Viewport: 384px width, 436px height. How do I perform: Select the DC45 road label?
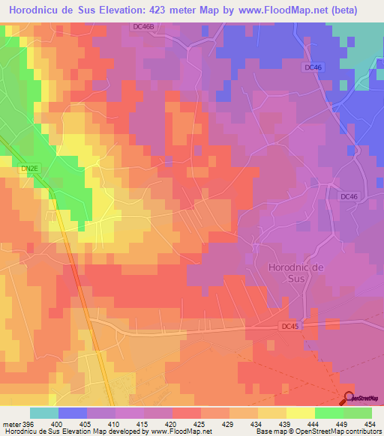pyautogui.click(x=290, y=327)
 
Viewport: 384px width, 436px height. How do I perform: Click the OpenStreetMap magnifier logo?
pyautogui.click(x=349, y=399)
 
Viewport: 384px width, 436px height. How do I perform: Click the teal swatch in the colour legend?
pyautogui.click(x=44, y=414)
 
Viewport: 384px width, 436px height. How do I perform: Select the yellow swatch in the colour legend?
pyautogui.click(x=301, y=414)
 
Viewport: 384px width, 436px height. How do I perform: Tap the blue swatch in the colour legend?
pyautogui.click(x=73, y=414)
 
